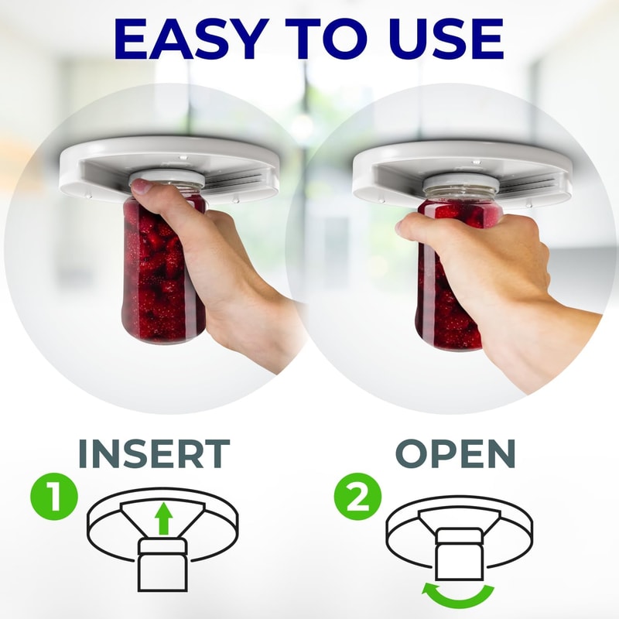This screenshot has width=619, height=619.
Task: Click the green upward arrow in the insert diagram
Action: [x=163, y=518]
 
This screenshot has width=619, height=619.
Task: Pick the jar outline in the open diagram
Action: [x=459, y=555]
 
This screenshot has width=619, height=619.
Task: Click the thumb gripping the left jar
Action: [x=143, y=188]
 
